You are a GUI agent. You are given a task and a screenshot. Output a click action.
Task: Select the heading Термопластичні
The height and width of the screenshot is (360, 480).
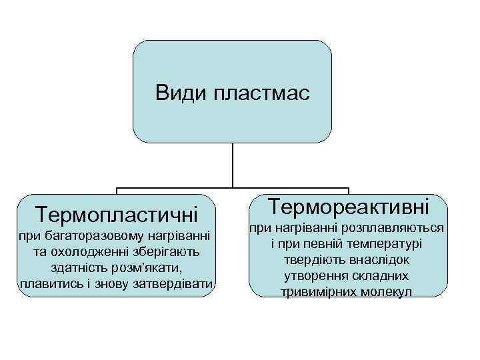(x=117, y=215)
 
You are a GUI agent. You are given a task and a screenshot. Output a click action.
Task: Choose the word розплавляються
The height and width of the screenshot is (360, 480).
(x=397, y=229)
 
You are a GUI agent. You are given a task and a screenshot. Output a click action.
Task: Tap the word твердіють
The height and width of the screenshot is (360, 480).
(x=311, y=260)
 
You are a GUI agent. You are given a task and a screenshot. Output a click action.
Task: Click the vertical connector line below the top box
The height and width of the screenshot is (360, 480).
(x=233, y=163)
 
